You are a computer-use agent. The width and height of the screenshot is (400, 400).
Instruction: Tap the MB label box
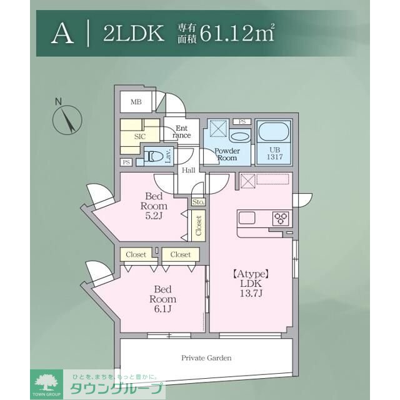[136, 102]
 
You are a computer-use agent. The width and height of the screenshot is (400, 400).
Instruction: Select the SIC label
[140, 135]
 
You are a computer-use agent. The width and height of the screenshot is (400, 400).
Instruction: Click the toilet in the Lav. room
[154, 155]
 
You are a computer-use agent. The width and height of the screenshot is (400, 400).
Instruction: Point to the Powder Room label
[227, 154]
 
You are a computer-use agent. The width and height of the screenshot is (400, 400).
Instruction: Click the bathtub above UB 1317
[273, 133]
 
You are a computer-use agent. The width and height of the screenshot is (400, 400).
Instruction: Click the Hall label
[189, 170]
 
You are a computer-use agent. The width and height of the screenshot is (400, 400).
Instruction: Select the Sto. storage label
[198, 202]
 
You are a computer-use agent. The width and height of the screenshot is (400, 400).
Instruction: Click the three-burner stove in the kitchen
[281, 218]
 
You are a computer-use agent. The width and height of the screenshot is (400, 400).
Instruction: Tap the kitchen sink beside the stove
[246, 218]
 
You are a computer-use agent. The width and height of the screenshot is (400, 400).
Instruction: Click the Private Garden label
[206, 358]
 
